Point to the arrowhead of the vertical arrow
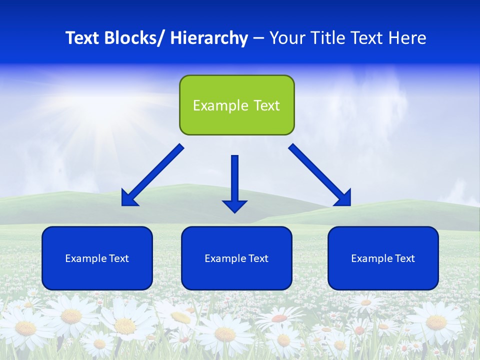coord(235,205)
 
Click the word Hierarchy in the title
coord(209,38)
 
